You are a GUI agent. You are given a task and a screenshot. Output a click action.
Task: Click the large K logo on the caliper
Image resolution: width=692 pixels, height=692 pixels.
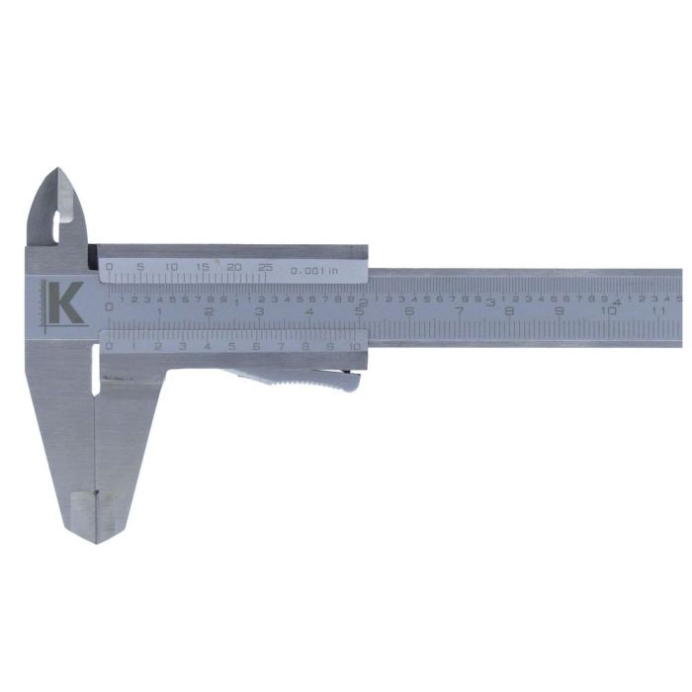[64, 303]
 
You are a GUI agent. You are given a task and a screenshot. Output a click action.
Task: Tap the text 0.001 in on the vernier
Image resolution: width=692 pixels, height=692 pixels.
[313, 269]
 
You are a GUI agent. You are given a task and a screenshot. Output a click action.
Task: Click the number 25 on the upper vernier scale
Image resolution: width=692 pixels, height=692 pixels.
[264, 267]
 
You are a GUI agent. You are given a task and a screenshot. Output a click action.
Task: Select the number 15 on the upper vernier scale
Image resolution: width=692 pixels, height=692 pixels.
[203, 267]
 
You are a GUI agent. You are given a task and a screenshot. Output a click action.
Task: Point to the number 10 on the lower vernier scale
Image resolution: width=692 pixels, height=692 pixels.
[355, 346]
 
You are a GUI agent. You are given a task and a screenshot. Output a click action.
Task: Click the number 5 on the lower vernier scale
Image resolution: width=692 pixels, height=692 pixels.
[231, 346]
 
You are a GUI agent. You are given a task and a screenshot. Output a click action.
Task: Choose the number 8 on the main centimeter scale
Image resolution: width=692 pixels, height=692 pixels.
[509, 310]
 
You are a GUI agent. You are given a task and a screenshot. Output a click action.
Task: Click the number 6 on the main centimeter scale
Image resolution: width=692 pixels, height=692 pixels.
[409, 310]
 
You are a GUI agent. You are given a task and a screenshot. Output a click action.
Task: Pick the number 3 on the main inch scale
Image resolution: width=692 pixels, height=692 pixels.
[490, 303]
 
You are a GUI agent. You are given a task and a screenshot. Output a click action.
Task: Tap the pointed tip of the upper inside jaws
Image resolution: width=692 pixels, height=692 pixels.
[58, 172]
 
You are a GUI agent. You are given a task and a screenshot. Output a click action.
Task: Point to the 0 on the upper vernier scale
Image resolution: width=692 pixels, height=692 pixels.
[109, 267]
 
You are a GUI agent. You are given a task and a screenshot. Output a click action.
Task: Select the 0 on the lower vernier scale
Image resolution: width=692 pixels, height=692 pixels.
[109, 346]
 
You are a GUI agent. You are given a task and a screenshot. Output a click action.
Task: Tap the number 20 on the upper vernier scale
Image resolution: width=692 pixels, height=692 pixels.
[233, 267]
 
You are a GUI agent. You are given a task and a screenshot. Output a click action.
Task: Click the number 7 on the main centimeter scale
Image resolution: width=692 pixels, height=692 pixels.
[459, 310]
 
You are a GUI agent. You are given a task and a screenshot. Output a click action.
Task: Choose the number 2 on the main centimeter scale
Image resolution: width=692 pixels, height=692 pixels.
[209, 310]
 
